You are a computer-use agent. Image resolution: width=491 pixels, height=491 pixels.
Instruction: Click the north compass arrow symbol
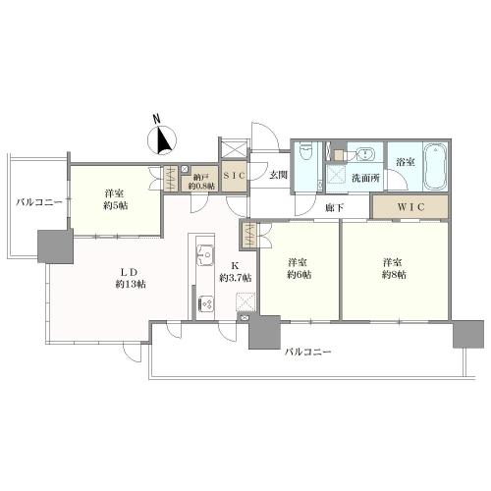pos(162,140)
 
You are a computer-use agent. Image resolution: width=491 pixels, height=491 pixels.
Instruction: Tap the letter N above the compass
pos(157,119)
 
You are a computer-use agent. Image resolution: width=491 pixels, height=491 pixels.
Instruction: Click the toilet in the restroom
pos(306,152)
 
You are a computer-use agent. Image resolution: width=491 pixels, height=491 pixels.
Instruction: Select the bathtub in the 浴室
pos(435,166)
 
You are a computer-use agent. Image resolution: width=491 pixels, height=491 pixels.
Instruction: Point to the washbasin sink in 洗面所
pos(364,153)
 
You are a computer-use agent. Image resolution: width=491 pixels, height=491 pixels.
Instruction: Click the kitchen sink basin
pos(205,254)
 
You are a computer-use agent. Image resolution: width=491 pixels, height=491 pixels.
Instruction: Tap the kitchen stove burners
pos(205,304)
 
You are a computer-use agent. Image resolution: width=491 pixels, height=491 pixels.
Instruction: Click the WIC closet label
pos(410,206)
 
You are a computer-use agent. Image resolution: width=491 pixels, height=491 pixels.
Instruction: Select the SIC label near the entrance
pos(234,176)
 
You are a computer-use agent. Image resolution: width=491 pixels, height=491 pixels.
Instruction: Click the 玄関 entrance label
pos(278,175)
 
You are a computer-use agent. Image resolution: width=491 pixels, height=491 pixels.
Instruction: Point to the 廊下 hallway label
pos(334,207)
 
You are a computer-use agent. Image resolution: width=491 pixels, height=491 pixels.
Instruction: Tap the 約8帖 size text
pos(394,275)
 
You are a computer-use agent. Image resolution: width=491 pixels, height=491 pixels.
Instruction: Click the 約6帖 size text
pos(299,275)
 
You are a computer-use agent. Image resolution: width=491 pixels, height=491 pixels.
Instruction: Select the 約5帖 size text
pos(116,206)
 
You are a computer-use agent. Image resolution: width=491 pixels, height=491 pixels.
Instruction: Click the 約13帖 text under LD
pos(131,284)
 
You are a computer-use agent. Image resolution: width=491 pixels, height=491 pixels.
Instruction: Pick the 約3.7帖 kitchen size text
pos(236,278)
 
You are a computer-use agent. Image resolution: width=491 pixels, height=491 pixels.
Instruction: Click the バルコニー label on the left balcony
pos(39,202)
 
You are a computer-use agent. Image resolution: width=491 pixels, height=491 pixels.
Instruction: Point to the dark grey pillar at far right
pos(468,334)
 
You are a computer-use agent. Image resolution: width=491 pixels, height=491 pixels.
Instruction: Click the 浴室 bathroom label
pos(406,162)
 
